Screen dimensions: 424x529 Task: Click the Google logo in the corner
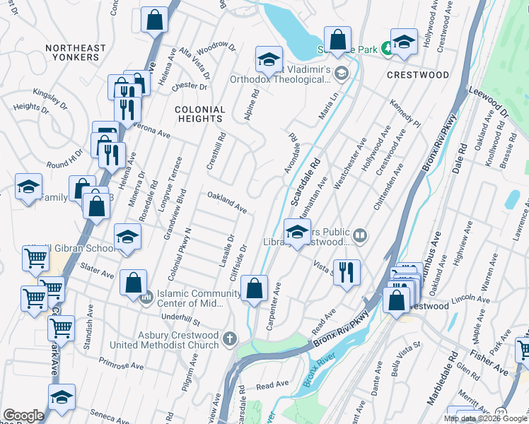pyautogui.click(x=23, y=416)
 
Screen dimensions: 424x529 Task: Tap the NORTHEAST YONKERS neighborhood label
pyautogui.click(x=76, y=52)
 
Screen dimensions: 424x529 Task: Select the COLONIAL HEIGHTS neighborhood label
pyautogui.click(x=200, y=114)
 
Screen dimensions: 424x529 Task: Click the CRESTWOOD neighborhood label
pyautogui.click(x=418, y=75)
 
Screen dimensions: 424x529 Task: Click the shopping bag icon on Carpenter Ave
pyautogui.click(x=254, y=288)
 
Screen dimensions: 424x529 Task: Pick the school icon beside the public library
pyautogui.click(x=297, y=232)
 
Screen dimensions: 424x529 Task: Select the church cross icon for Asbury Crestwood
pyautogui.click(x=228, y=340)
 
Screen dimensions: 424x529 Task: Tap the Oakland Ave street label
pyautogui.click(x=226, y=201)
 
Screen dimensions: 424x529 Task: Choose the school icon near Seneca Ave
pyautogui.click(x=62, y=396)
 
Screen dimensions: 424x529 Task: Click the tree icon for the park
pyautogui.click(x=387, y=48)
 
